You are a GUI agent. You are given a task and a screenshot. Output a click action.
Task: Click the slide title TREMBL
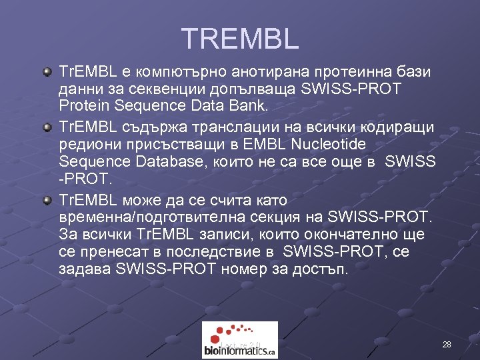pyautogui.click(x=240, y=39)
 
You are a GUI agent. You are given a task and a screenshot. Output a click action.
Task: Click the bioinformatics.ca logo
pyautogui.click(x=240, y=340)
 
